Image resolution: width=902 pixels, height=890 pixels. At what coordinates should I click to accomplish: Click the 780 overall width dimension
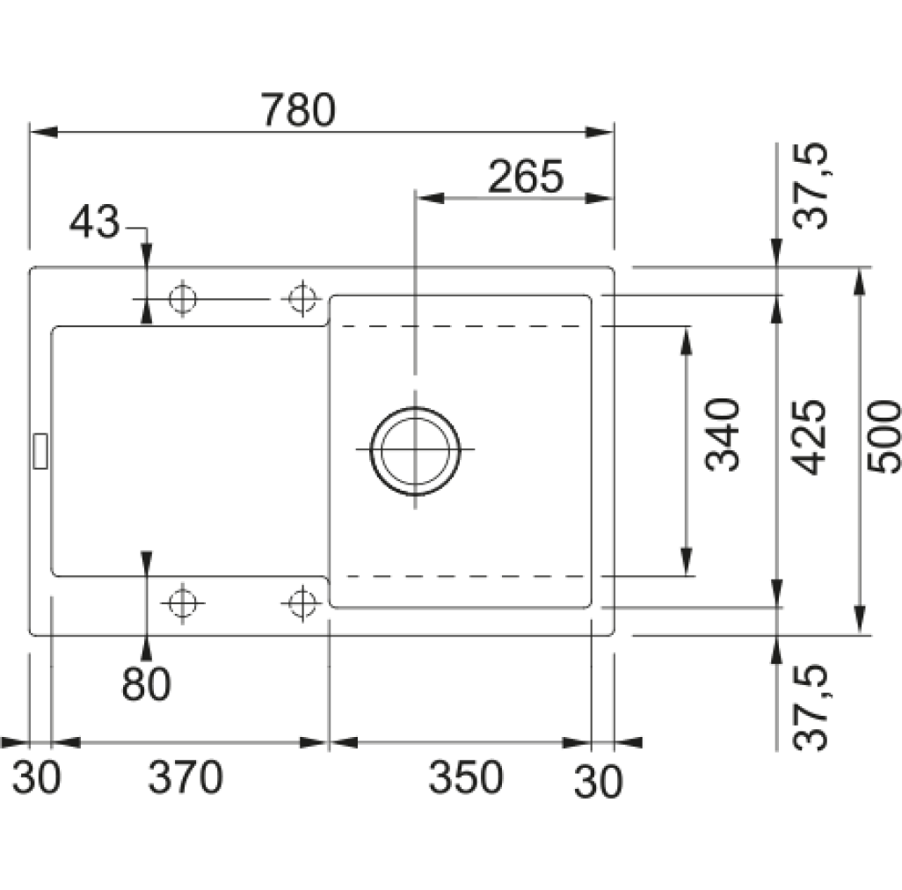[x=298, y=109]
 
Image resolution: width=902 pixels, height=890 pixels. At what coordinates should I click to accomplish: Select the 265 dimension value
[x=526, y=176]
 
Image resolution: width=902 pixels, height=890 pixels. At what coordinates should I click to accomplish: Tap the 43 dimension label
[x=94, y=222]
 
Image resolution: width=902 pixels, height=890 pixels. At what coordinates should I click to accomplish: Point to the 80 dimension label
[x=146, y=683]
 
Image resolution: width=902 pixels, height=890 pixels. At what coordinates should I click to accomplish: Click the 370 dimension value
[x=185, y=777]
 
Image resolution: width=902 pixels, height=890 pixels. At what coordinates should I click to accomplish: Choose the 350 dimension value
[x=466, y=777]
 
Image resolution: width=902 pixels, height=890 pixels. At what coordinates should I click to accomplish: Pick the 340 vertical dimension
[x=723, y=434]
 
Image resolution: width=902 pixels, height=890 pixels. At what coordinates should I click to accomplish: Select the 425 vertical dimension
[x=809, y=437]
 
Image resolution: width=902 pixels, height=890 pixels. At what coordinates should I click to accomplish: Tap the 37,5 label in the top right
[x=810, y=186]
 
